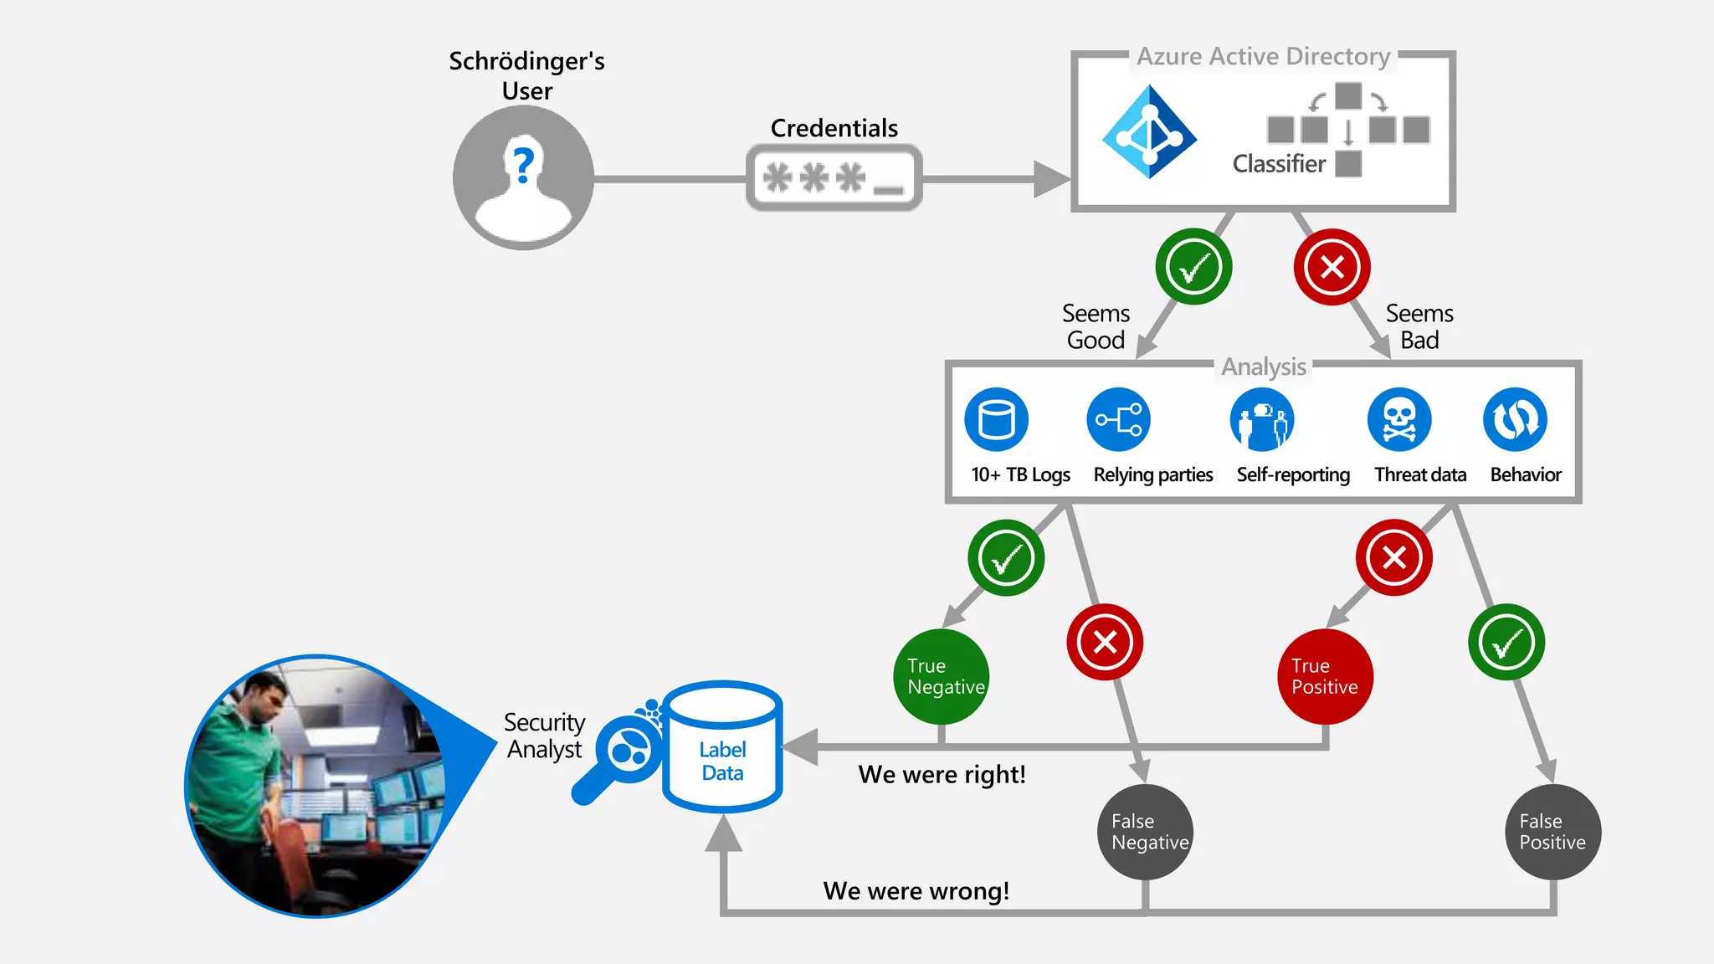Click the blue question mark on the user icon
[524, 165]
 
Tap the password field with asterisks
[834, 178]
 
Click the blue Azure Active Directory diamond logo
[1149, 132]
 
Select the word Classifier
[1279, 164]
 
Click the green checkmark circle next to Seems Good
[1193, 267]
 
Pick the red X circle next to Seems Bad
[1332, 267]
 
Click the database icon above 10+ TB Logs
[996, 419]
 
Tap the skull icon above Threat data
[1399, 419]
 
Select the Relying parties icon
[1119, 419]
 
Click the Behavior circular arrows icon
[1515, 419]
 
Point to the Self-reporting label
[1293, 475]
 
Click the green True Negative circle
[942, 676]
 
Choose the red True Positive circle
[1326, 676]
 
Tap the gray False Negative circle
[1145, 832]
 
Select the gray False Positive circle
[1553, 832]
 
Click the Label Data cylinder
[722, 749]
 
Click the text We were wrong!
[916, 891]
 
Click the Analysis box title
[1263, 367]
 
